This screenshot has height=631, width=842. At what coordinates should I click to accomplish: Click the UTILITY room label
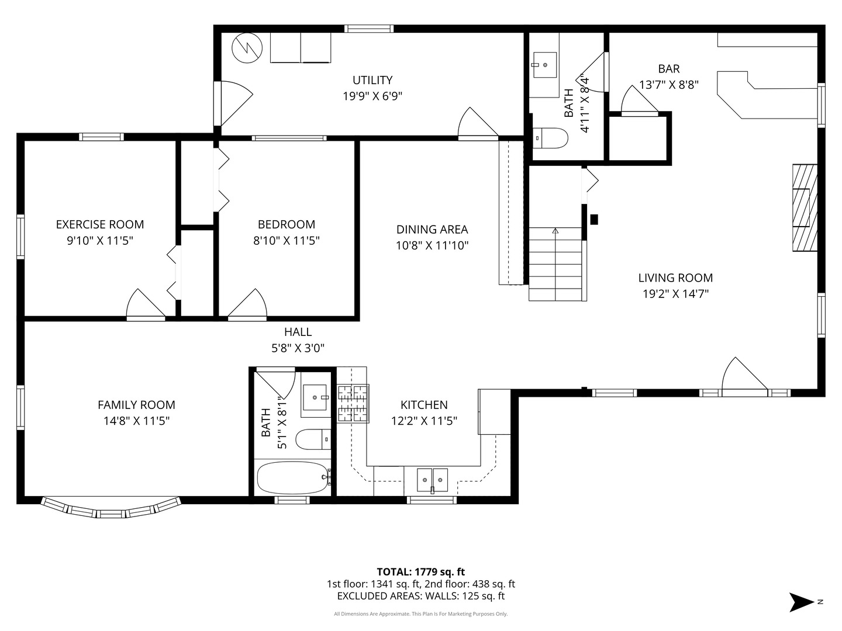click(x=372, y=80)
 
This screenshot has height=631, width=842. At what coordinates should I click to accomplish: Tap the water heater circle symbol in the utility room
click(x=247, y=48)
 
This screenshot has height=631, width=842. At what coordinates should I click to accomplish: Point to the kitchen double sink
click(x=432, y=480)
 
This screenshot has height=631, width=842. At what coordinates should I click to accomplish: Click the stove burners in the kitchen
click(x=353, y=403)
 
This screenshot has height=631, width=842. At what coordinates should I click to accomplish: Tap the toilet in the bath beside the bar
click(x=550, y=138)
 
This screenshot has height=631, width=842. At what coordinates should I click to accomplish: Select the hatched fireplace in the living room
click(x=805, y=207)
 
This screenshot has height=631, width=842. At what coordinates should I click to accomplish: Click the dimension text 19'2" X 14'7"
click(x=675, y=294)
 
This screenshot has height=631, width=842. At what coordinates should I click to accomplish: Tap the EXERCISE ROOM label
click(x=100, y=224)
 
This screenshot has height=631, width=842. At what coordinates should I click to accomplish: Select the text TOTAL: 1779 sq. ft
click(x=421, y=572)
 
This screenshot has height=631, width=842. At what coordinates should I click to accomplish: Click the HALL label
click(x=298, y=332)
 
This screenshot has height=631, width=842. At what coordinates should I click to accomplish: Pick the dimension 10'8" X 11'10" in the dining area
click(x=432, y=245)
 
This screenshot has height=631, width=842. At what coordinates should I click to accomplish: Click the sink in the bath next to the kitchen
click(x=315, y=398)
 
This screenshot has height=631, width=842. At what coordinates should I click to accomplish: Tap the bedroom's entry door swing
click(x=247, y=303)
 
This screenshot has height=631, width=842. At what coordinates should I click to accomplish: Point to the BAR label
click(x=669, y=69)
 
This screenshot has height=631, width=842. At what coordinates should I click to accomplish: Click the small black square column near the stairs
click(x=594, y=220)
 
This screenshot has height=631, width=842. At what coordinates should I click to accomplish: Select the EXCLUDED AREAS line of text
click(x=421, y=596)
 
